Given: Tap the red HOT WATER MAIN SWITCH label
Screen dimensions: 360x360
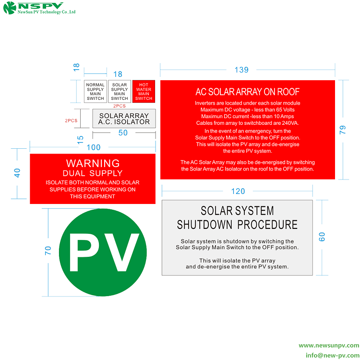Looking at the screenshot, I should coord(144,91).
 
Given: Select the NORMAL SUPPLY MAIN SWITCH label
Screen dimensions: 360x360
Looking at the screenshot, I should coord(96,91).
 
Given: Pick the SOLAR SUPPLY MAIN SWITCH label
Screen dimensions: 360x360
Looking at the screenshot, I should coord(120,91).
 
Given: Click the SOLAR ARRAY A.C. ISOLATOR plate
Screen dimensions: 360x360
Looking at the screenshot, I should coord(124,119).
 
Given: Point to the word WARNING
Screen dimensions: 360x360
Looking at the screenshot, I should coord(93,163).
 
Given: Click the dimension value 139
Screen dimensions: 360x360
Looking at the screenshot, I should coord(241,70).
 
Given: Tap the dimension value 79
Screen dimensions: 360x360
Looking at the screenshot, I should coord(342,130).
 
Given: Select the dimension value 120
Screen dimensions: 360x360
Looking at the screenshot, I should coord(238,192).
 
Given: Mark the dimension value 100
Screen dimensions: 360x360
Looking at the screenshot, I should coord(94,147).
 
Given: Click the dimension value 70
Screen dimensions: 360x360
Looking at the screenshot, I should coord(48,250).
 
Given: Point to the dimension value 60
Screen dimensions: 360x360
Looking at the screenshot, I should coord(322,237).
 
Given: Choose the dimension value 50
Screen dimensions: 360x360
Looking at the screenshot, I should coord(123,133).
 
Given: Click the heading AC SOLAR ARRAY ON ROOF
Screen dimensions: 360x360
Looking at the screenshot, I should coord(247,92).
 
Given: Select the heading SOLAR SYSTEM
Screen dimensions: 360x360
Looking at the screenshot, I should coord(237,211).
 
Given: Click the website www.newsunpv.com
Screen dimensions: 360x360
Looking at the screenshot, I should coord(329,346).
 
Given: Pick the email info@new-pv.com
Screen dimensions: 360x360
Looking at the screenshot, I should coord(332,355).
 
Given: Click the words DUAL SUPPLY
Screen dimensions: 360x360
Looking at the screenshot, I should coord(93,173).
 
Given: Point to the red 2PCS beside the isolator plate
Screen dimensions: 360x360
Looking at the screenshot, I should coord(71,121).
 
